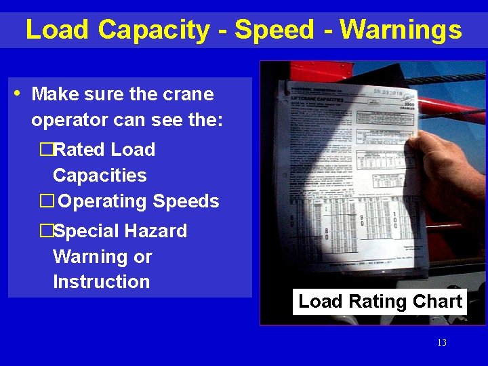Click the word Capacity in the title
click(154, 30)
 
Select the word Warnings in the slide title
click(401, 30)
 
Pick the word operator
click(66, 120)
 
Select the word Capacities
click(100, 176)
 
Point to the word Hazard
click(156, 231)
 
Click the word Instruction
click(101, 281)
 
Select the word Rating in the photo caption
click(381, 302)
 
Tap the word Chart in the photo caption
click(440, 302)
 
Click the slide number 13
click(442, 343)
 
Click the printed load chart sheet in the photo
click(346, 176)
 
